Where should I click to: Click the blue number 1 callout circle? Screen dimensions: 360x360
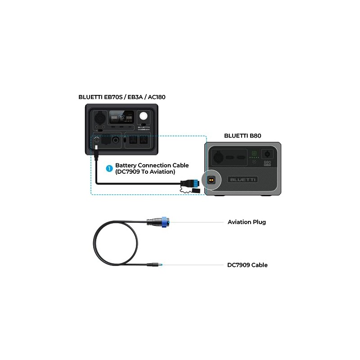[x=109, y=168]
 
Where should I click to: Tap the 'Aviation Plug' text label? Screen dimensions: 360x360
[x=247, y=222]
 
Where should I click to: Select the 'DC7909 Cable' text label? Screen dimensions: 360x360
[x=247, y=265]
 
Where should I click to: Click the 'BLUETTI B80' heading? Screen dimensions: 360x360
[x=243, y=135]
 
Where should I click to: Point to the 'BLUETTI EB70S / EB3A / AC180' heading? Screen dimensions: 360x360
[x=119, y=97]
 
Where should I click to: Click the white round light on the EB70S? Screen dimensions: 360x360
[x=144, y=116]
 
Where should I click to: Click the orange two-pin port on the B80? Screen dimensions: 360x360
[x=210, y=180]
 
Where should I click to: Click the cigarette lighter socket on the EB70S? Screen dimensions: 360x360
[x=117, y=140]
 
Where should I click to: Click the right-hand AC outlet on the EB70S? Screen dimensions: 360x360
[x=143, y=140]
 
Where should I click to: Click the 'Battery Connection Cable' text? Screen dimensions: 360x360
[x=152, y=165]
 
